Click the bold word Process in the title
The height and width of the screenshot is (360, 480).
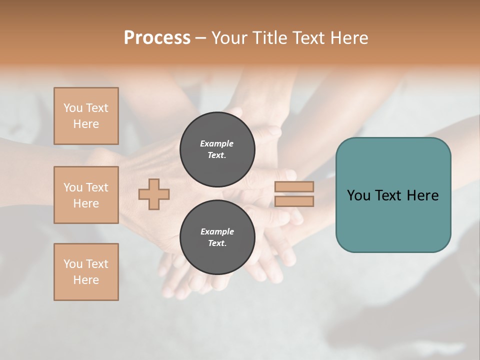157,38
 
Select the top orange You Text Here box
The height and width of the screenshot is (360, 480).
86,116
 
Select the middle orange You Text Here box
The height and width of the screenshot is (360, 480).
86,195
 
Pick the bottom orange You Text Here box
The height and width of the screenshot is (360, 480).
86,272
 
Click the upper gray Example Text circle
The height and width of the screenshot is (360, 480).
217,149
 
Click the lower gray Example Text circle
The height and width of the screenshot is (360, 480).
217,237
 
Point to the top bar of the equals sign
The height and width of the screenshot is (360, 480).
294,186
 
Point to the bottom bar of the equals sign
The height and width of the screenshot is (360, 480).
294,201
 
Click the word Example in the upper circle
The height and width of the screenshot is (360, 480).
217,143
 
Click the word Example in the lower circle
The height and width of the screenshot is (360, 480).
217,231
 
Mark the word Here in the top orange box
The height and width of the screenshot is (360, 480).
86,124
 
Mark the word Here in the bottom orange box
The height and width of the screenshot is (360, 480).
86,280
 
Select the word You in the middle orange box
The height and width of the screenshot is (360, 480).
72,187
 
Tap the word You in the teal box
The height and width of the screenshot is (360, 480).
358,195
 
